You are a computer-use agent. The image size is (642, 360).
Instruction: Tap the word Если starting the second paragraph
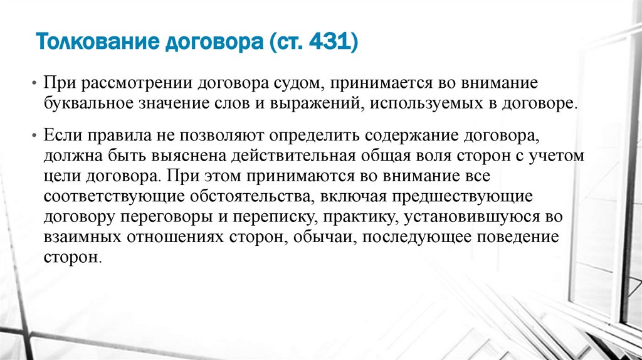[x=60, y=135]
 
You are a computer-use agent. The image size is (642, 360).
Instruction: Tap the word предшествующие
[x=461, y=196]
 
